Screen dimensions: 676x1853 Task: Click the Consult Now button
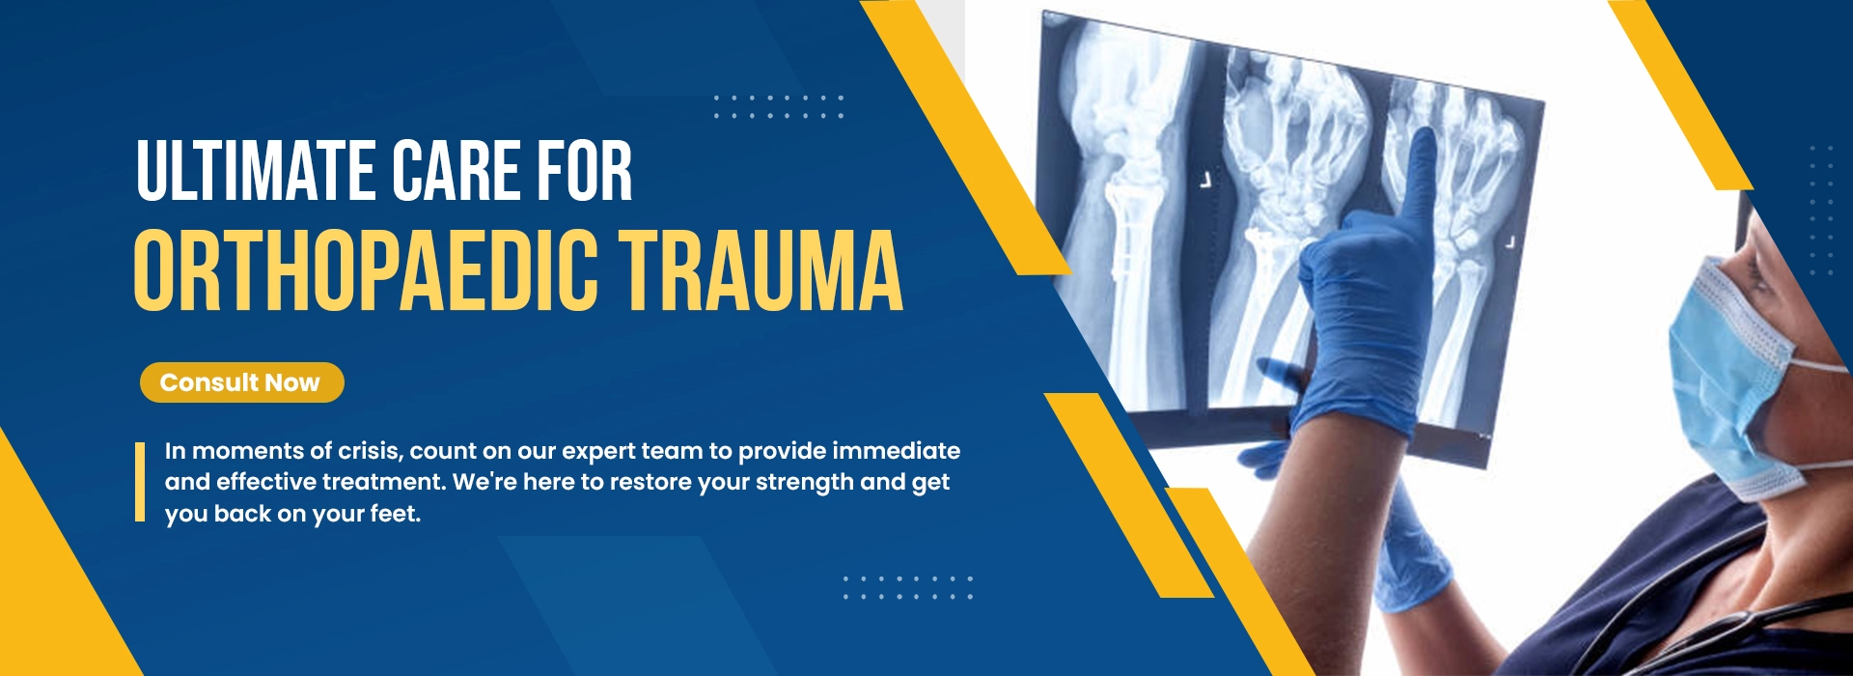[241, 382]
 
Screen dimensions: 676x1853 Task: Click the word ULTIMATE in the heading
[256, 171]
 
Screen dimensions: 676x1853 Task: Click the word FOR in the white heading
[585, 171]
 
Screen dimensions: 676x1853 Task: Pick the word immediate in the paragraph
[896, 451]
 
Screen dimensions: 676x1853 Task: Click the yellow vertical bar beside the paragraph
[140, 482]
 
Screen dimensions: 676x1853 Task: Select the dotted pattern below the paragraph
[907, 587]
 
